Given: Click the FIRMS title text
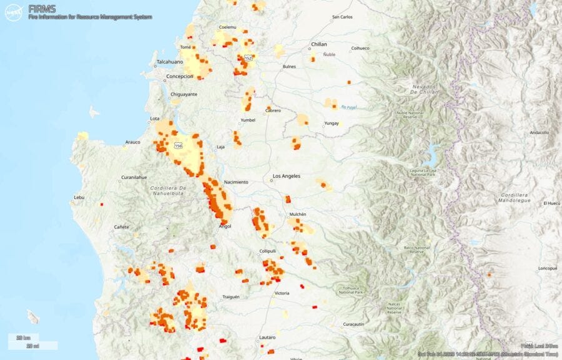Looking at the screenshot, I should (41, 8).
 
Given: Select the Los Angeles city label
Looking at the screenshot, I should (286, 176).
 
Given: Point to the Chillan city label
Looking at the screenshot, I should (319, 44).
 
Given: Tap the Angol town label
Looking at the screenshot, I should (225, 226).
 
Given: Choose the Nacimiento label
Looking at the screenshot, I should (236, 182).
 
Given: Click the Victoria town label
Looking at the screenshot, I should (282, 293).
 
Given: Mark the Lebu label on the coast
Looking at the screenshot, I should (79, 197).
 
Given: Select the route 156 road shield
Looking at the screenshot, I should (179, 145).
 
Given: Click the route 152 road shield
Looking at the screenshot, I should (248, 57).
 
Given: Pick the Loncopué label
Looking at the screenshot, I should (546, 268).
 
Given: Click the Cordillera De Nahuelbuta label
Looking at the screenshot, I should (169, 190).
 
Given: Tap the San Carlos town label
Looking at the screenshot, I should (342, 17).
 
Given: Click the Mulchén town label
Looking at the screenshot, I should (297, 214).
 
